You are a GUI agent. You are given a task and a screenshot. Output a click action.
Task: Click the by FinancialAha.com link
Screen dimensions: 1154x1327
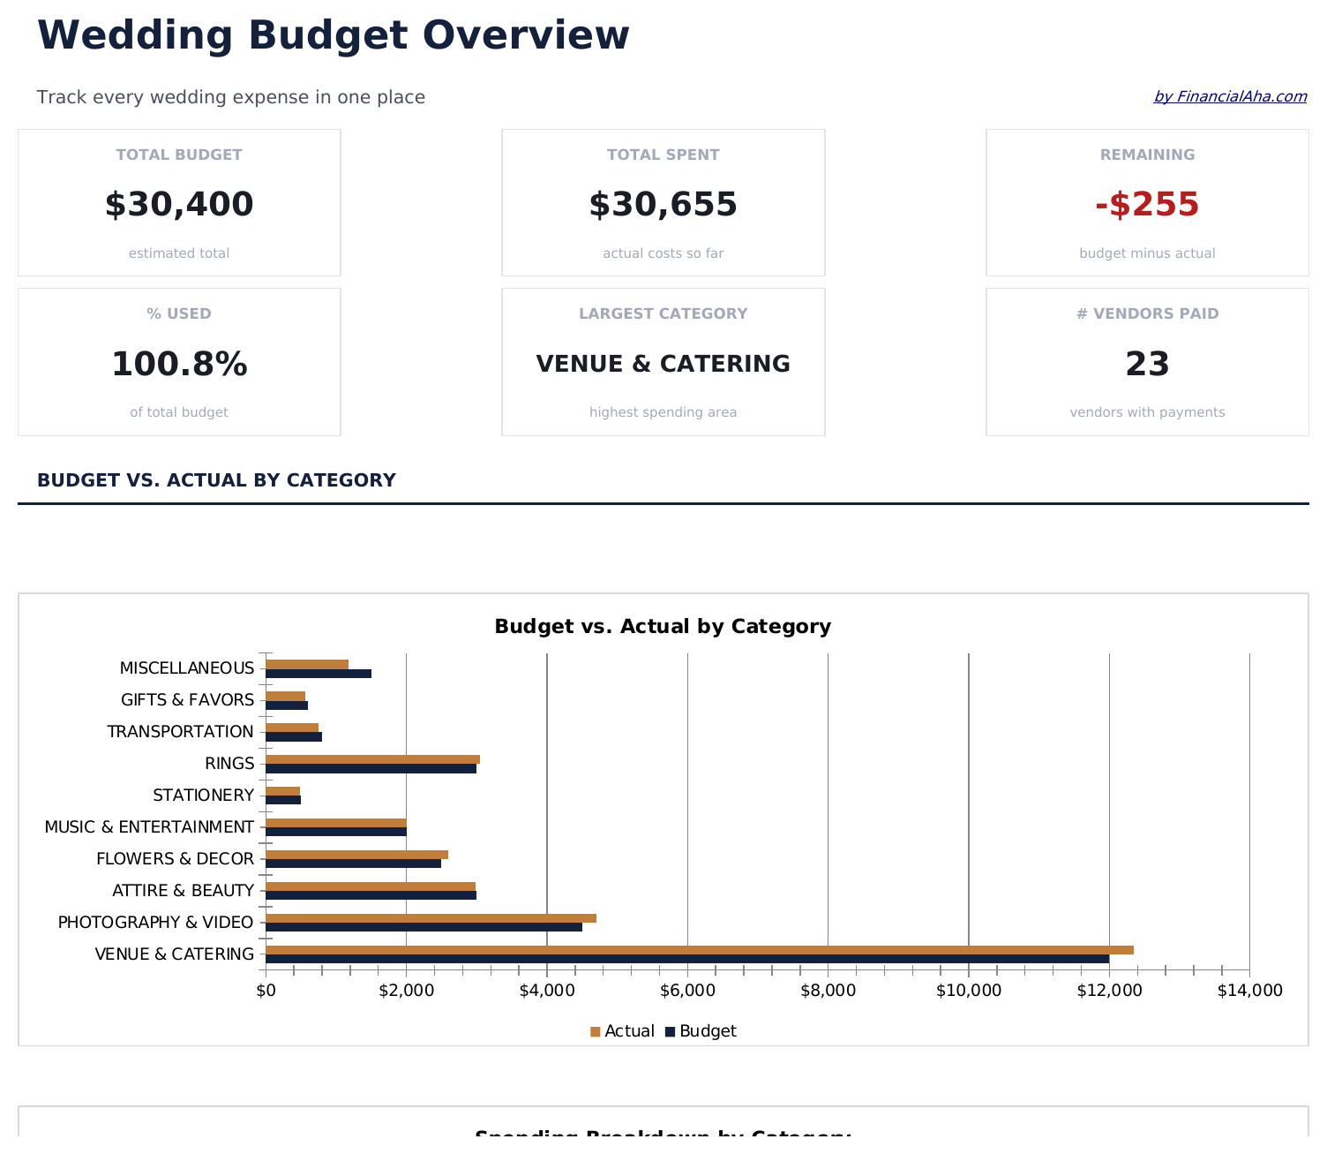point(1229,96)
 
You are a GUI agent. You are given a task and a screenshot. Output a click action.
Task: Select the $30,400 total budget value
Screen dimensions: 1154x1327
point(179,205)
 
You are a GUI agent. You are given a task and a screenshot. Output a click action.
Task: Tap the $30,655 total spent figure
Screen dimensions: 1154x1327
point(663,205)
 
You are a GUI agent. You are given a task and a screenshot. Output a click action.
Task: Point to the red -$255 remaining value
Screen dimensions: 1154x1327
point(1147,205)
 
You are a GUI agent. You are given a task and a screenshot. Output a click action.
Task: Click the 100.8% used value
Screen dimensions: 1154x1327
point(179,365)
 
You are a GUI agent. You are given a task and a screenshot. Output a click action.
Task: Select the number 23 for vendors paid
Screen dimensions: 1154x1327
point(1147,365)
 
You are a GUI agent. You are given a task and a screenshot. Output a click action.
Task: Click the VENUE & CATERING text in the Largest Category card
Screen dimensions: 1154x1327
point(663,364)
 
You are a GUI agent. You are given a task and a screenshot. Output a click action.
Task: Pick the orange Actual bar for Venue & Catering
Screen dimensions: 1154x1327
point(699,950)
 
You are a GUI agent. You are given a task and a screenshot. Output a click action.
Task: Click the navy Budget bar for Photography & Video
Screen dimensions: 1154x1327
point(424,927)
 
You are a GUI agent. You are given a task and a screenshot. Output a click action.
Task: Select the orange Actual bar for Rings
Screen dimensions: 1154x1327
point(372,759)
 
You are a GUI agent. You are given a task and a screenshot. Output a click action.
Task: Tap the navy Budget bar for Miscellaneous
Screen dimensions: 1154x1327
point(318,674)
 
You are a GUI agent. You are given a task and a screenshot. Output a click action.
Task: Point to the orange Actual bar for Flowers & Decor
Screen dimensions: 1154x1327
point(356,855)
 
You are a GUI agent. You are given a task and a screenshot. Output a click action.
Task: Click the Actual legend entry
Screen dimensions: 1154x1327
point(622,1031)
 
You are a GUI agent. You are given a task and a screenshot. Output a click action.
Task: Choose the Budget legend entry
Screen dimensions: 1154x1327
point(701,1031)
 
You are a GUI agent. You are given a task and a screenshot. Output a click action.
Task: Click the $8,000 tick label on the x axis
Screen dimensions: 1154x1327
point(828,991)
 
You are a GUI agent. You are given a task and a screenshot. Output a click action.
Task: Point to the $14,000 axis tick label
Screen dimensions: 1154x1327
point(1249,991)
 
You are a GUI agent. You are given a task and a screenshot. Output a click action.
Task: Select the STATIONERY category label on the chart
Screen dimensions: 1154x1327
point(203,796)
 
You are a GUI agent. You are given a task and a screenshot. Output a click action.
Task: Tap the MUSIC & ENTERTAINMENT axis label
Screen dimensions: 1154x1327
point(149,827)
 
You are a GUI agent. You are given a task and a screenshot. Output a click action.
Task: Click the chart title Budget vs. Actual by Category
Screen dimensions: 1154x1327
point(663,627)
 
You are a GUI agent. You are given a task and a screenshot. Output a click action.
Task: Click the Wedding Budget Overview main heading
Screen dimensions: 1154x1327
point(334,36)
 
